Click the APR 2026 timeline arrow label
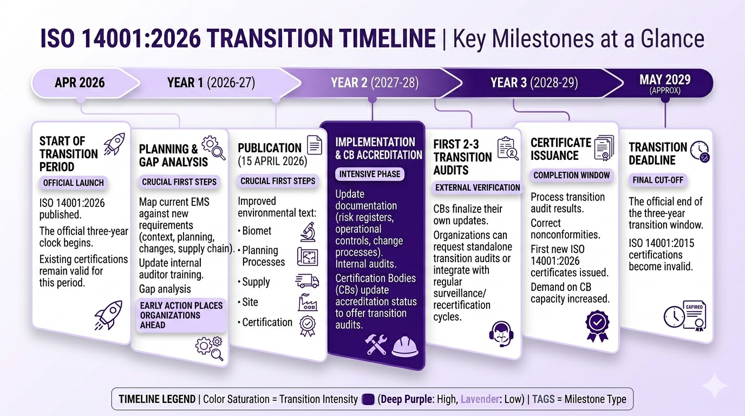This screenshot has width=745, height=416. [x=80, y=82]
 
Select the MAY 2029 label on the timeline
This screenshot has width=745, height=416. [x=665, y=80]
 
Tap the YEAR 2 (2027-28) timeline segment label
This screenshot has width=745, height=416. [x=375, y=82]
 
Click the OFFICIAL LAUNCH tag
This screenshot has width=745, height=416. [x=73, y=183]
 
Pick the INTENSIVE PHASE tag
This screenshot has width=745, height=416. [x=369, y=174]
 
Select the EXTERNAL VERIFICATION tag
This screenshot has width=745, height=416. [x=478, y=188]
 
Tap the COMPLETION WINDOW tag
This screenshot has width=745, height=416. [x=571, y=175]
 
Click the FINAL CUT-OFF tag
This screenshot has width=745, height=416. [x=657, y=180]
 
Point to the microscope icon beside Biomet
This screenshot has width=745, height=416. [x=308, y=232]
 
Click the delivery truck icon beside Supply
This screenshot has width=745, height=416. [x=307, y=281]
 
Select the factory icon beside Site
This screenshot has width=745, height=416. [x=308, y=302]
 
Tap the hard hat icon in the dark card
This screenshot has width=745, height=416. [x=405, y=347]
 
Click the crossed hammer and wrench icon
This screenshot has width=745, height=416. [x=376, y=344]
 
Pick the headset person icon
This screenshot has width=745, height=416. [x=501, y=334]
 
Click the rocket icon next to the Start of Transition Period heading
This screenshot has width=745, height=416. [x=114, y=144]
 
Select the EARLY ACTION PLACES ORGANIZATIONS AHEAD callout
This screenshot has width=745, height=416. [x=181, y=315]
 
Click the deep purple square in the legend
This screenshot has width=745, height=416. [x=368, y=399]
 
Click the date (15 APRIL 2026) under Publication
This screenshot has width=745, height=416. [x=272, y=161]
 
